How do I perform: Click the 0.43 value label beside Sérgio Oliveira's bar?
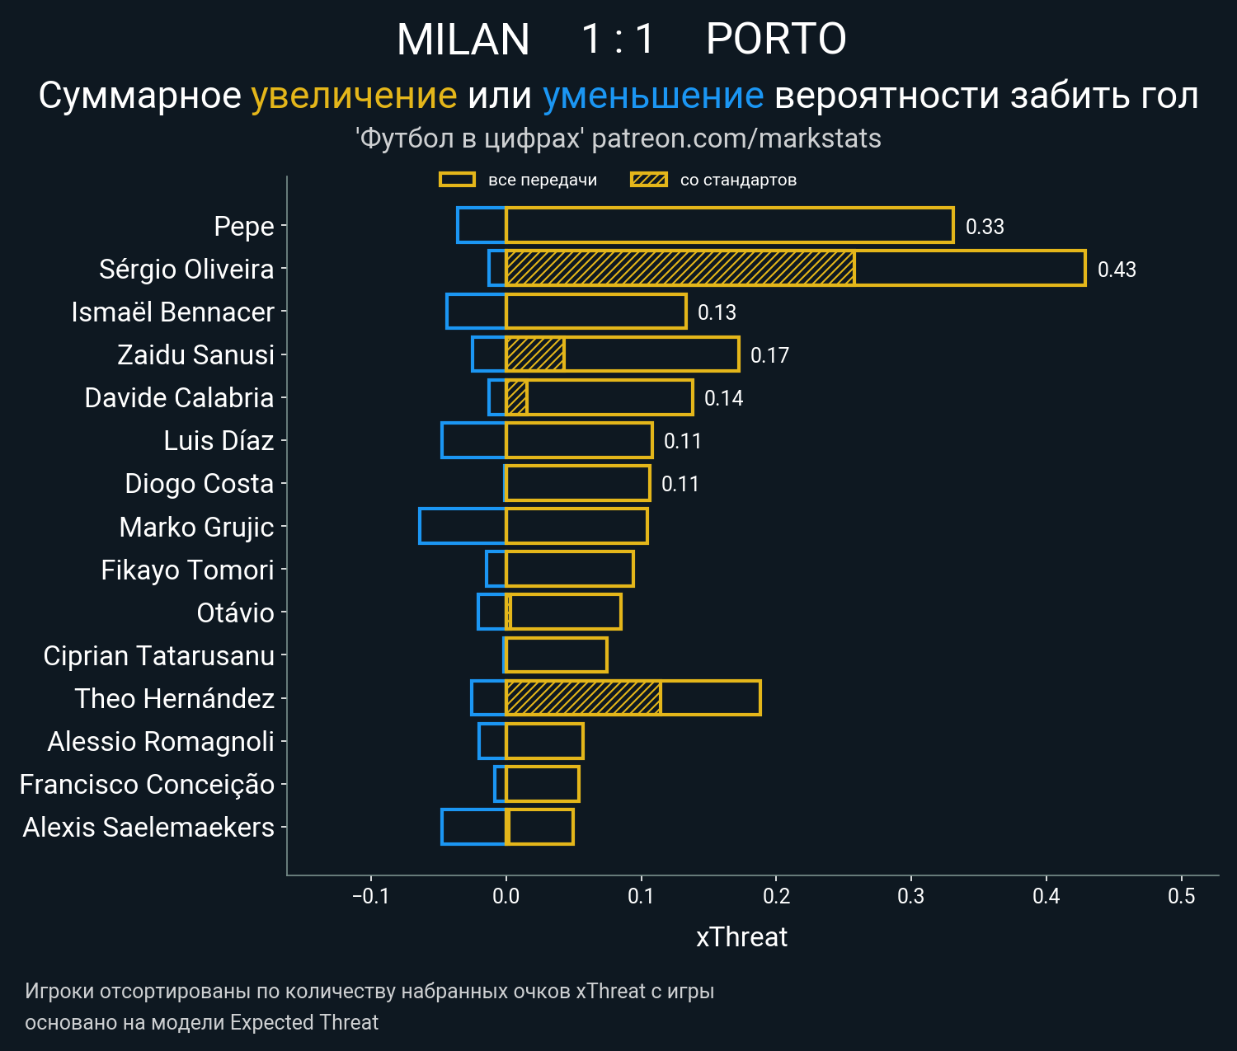click(1117, 270)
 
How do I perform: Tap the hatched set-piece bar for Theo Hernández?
click(583, 698)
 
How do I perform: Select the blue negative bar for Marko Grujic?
click(462, 527)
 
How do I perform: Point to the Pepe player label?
click(243, 227)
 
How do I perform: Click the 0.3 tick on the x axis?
click(911, 896)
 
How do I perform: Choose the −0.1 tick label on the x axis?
click(370, 896)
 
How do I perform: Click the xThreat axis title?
click(741, 937)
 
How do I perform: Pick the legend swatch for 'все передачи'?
click(457, 180)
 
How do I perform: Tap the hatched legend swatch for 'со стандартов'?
click(648, 180)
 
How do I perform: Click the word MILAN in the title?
click(463, 40)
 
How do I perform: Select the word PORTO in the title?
click(776, 40)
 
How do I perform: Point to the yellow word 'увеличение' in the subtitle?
click(354, 96)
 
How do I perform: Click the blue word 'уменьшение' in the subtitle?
click(653, 96)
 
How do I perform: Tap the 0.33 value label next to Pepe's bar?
click(985, 227)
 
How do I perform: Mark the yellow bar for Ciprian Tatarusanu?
click(556, 655)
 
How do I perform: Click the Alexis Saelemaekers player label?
click(148, 827)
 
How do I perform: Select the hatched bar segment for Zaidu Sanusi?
click(534, 354)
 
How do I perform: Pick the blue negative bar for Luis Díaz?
click(473, 440)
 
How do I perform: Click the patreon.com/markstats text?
click(736, 138)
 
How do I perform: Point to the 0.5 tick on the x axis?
click(1181, 896)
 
